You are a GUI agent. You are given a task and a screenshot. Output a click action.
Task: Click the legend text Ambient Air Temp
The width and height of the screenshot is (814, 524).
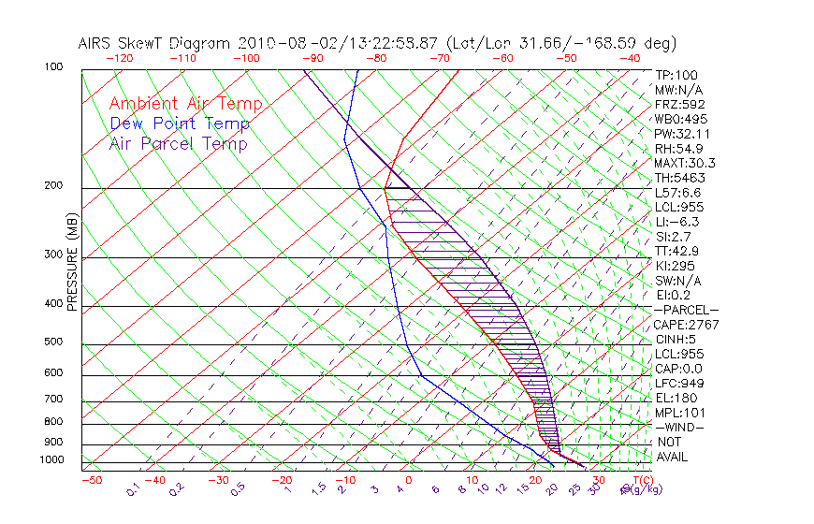pyautogui.click(x=185, y=105)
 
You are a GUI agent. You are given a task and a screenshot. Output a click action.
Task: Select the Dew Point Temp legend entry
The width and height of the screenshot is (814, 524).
pyautogui.click(x=180, y=124)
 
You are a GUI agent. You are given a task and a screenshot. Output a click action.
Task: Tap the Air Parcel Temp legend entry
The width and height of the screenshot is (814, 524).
pyautogui.click(x=178, y=144)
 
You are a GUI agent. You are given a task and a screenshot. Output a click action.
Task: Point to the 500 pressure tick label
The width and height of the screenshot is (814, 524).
pyautogui.click(x=54, y=342)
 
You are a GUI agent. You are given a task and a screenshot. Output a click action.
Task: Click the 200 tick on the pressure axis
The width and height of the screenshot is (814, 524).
pyautogui.click(x=54, y=186)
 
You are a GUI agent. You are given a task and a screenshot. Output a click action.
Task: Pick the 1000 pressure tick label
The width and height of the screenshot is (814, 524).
pyautogui.click(x=51, y=460)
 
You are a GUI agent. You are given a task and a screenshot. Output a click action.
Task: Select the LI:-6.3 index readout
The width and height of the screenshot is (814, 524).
pyautogui.click(x=676, y=222)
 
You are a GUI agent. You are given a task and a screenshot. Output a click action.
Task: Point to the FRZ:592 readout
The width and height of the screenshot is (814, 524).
pyautogui.click(x=679, y=105)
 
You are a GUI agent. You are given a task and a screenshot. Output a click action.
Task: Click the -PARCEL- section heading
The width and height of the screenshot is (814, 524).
pyautogui.click(x=686, y=310)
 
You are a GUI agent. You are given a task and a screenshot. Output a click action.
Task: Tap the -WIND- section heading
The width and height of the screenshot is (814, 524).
pyautogui.click(x=679, y=427)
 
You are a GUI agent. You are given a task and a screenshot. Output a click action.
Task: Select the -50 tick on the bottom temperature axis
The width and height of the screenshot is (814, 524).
pyautogui.click(x=91, y=480)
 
